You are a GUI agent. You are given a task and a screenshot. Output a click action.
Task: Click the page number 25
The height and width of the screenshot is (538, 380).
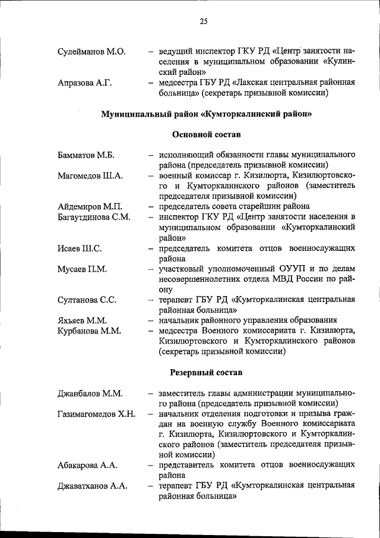(203, 22)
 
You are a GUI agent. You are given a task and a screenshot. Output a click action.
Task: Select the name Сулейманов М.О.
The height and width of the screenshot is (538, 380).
(91, 52)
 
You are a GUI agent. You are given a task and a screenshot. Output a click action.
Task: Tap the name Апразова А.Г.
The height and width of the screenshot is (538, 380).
(85, 83)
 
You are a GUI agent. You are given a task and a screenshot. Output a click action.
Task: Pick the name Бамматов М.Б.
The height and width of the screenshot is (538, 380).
(86, 156)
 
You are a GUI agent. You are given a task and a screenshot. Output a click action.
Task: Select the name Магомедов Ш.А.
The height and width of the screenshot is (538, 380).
(90, 175)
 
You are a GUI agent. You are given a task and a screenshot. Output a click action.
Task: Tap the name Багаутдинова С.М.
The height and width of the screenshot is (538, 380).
(94, 217)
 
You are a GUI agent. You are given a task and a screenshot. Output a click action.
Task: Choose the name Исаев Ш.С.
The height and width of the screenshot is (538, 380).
(80, 248)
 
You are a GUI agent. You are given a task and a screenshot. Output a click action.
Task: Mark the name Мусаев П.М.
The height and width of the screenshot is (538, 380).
(83, 269)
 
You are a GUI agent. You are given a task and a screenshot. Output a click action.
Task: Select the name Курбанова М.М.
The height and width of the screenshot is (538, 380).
(91, 330)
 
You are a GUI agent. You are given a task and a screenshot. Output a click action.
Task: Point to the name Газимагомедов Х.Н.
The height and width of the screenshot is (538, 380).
(97, 413)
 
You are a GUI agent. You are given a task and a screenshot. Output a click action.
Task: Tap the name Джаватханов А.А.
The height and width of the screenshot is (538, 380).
(93, 486)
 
